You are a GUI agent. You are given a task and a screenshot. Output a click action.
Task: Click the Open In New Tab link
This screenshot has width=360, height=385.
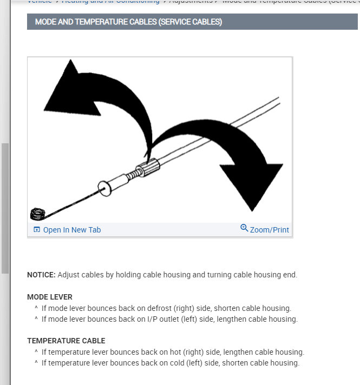coord(72,230)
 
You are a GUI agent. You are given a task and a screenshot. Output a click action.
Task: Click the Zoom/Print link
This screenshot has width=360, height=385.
coord(269,230)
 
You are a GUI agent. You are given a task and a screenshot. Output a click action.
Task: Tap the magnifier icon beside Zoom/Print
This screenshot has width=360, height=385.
coord(244,228)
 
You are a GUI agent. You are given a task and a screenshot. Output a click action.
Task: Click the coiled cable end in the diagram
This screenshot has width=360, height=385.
coord(37,214)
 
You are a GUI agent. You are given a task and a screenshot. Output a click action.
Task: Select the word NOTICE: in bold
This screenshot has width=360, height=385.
coord(41,275)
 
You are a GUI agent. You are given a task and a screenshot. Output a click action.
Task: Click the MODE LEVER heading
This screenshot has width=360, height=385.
coord(50,297)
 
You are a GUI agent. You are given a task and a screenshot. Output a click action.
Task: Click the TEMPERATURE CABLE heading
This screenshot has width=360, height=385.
coord(66,341)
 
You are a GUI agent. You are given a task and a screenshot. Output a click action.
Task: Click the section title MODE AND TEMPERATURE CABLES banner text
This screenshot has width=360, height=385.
coord(128,22)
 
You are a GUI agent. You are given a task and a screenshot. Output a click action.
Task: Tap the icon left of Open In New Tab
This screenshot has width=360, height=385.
coord(36,230)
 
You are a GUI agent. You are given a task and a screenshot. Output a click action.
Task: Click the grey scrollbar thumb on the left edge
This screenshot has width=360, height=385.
coord(5,208)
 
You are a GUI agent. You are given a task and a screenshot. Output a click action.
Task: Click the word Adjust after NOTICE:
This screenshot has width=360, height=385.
coord(69,275)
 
